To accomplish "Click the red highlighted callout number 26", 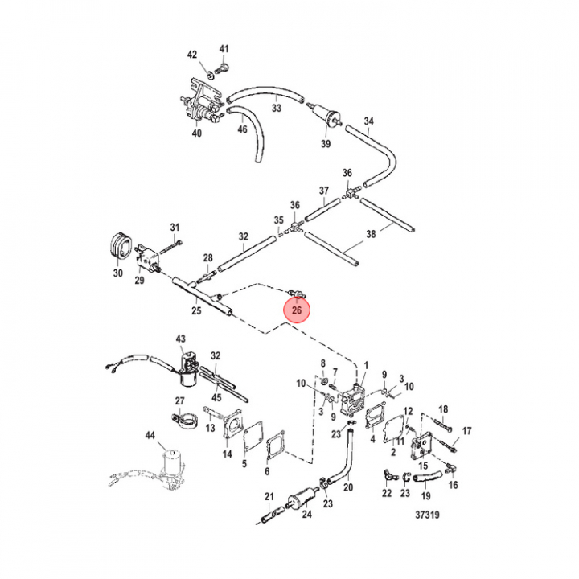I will point(297,310).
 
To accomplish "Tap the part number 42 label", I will point(192,54).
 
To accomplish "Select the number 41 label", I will point(224,49).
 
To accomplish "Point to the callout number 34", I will point(369,122).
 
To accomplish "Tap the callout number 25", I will point(195,310).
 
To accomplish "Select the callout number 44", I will point(150,436).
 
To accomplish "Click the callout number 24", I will point(306,515).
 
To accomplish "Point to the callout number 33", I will point(276,107).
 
